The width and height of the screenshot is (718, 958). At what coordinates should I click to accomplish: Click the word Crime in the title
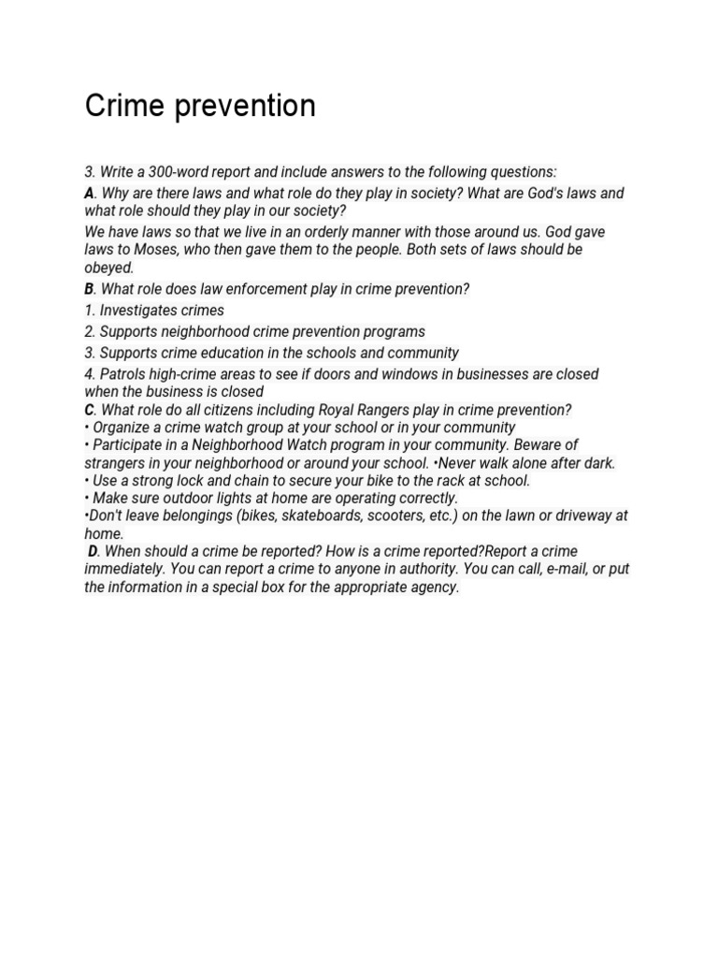(119, 106)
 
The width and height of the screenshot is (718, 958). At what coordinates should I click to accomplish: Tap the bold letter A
(89, 193)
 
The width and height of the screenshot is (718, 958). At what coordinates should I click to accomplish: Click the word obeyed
(108, 268)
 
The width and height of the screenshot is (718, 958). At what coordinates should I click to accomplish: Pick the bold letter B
(89, 289)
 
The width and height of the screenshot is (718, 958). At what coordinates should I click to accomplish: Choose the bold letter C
(89, 410)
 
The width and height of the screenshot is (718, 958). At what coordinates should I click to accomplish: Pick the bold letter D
(93, 551)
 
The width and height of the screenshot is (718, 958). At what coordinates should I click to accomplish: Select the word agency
(435, 588)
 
